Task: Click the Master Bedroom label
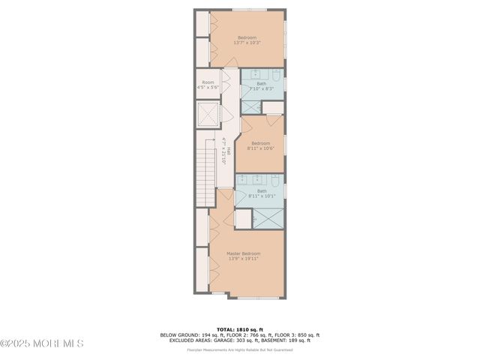click(x=244, y=253)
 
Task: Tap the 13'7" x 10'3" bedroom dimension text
click(x=247, y=43)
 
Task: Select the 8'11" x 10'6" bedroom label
click(x=260, y=148)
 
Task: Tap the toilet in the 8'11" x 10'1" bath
click(x=274, y=180)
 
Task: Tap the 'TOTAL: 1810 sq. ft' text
click(x=240, y=329)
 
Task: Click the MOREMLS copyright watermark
click(x=42, y=343)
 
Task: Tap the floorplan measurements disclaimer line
click(x=240, y=350)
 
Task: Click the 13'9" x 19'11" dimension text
click(x=244, y=259)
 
